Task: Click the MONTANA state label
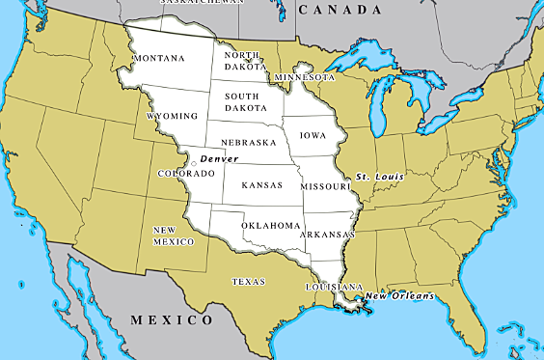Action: tap(159, 59)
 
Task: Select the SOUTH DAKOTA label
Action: tap(247, 102)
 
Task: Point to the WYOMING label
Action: tap(173, 116)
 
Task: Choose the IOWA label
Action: tap(312, 136)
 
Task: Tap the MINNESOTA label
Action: tap(304, 76)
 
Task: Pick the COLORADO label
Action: tap(187, 174)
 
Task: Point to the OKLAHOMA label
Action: tap(271, 225)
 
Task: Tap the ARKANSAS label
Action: tap(327, 235)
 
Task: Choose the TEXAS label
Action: tap(249, 282)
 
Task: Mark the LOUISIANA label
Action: tap(333, 288)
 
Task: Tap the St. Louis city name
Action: tap(377, 178)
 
